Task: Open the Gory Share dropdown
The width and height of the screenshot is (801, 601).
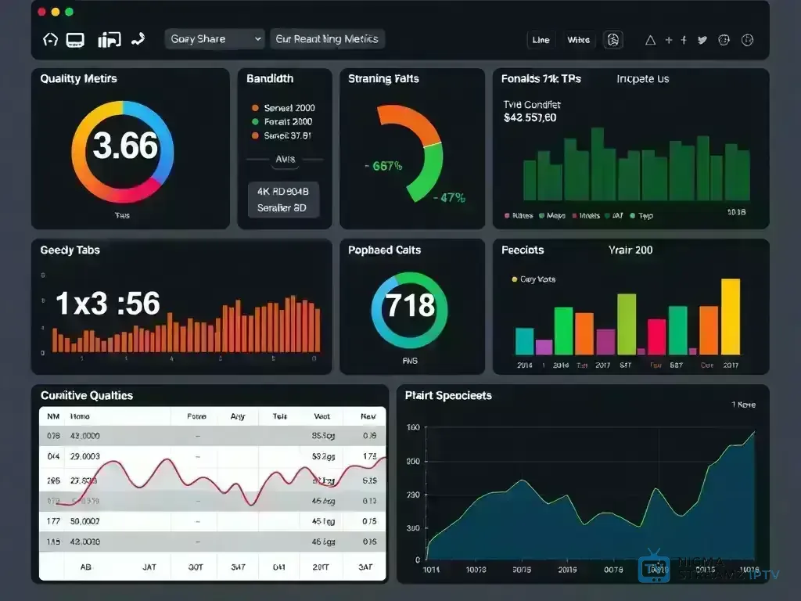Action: tap(215, 39)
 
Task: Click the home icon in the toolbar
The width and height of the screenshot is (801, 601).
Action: tap(50, 39)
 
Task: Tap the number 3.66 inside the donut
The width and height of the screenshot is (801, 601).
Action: tap(125, 146)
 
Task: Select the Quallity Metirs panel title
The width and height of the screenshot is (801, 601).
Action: tap(78, 79)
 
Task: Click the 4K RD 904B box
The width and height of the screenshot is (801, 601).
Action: tap(283, 190)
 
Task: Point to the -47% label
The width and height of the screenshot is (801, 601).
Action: tap(449, 198)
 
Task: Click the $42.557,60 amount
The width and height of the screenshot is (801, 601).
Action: tap(530, 118)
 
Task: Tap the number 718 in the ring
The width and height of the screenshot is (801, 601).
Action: tap(411, 304)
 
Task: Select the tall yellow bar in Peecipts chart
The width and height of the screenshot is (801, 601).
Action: tap(730, 317)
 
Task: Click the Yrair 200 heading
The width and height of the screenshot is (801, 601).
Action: tap(630, 250)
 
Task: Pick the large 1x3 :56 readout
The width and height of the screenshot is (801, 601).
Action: tap(108, 304)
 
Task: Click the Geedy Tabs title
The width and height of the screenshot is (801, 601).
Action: tap(70, 250)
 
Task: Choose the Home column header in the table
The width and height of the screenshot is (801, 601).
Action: tap(80, 417)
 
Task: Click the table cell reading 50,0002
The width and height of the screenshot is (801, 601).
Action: tap(84, 520)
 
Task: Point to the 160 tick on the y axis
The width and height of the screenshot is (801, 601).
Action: tap(413, 428)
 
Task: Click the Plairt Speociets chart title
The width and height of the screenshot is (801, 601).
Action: tap(448, 396)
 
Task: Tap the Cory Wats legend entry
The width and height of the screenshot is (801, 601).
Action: tap(537, 279)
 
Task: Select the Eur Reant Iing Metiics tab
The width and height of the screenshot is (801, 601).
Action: tap(327, 39)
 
